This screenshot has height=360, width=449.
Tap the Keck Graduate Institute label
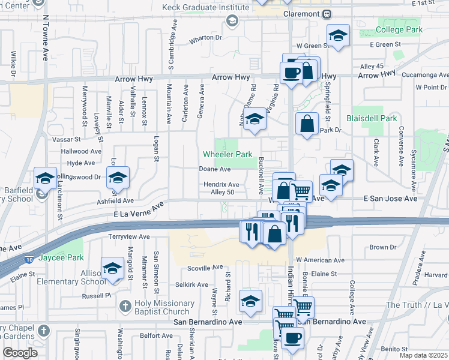click(x=205, y=8)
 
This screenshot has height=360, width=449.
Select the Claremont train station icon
click(x=327, y=14)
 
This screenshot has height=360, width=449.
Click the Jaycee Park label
click(x=61, y=259)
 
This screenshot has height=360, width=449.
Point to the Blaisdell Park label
click(x=372, y=118)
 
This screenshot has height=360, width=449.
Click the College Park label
click(x=399, y=29)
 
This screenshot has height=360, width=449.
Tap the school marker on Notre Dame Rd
click(x=255, y=118)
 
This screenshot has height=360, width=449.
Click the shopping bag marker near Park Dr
click(x=307, y=124)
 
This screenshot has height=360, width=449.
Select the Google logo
click(x=20, y=352)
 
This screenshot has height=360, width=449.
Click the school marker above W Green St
click(x=338, y=35)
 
